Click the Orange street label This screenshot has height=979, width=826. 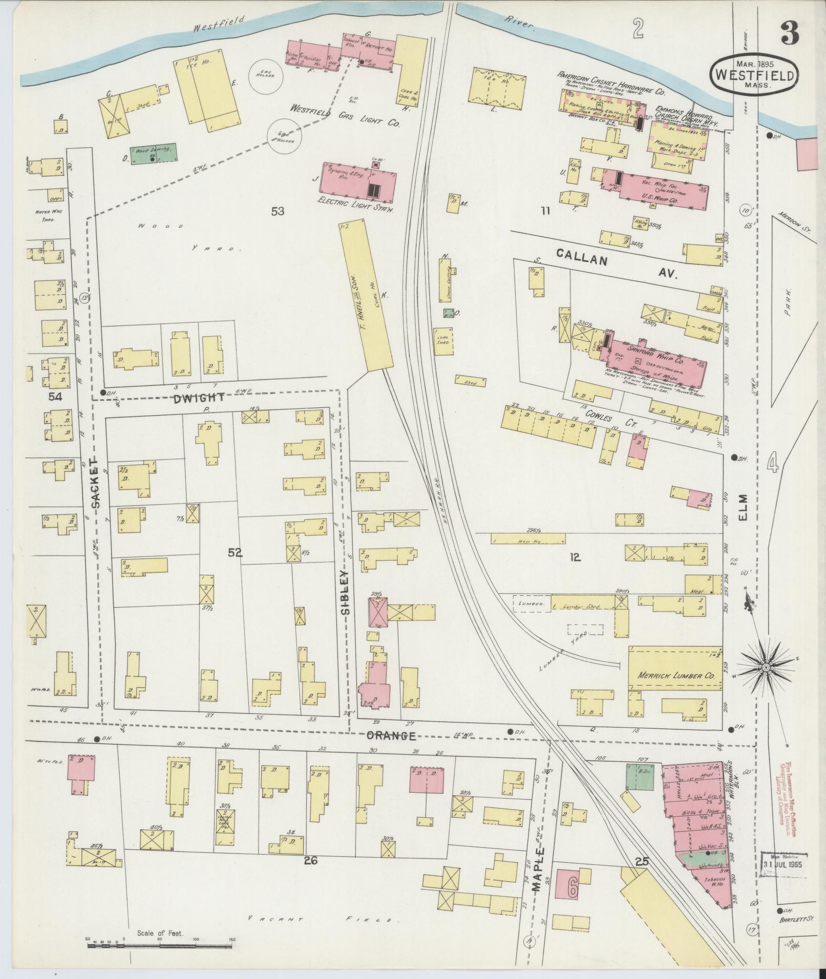391,736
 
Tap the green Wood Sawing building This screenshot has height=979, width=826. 153,154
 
